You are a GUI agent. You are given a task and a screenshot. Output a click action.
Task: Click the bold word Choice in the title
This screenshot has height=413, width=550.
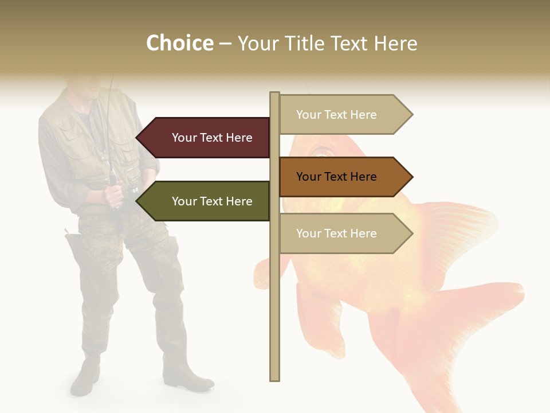179,44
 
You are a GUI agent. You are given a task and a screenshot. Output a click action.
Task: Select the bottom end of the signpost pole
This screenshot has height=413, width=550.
274,376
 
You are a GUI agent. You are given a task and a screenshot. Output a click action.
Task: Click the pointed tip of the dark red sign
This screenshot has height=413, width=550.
138,138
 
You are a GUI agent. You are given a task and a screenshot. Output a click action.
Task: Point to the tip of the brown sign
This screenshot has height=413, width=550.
411,177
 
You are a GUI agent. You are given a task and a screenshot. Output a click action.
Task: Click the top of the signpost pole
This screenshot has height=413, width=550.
274,95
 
